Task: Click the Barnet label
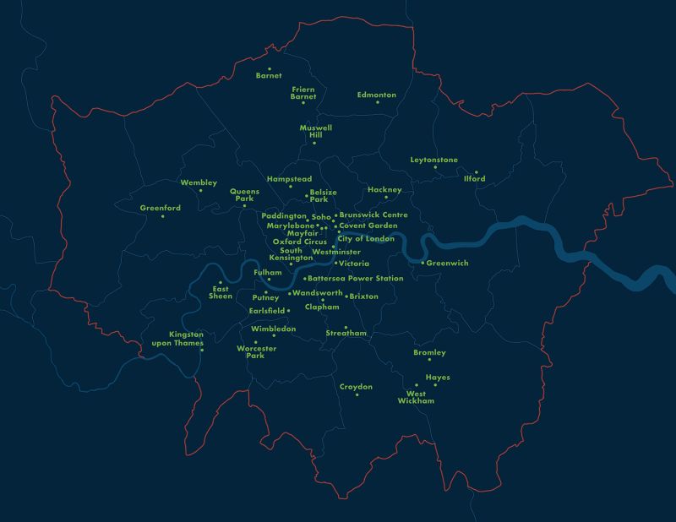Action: point(269,76)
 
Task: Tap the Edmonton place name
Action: point(376,95)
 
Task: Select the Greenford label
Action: point(161,208)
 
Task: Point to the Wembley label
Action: point(199,182)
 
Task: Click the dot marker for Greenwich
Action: point(422,264)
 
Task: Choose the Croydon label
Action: point(356,386)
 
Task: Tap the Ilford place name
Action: point(474,179)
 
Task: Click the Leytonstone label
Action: point(433,159)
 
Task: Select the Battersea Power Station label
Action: point(356,279)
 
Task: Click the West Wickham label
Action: point(416,397)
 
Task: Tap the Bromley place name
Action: point(429,352)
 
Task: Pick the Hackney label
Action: point(384,190)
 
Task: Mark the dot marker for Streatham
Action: point(346,327)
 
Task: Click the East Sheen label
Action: point(221,293)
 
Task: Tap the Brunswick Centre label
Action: point(373,215)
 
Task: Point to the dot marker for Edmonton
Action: point(378,102)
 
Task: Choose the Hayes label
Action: point(438,378)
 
